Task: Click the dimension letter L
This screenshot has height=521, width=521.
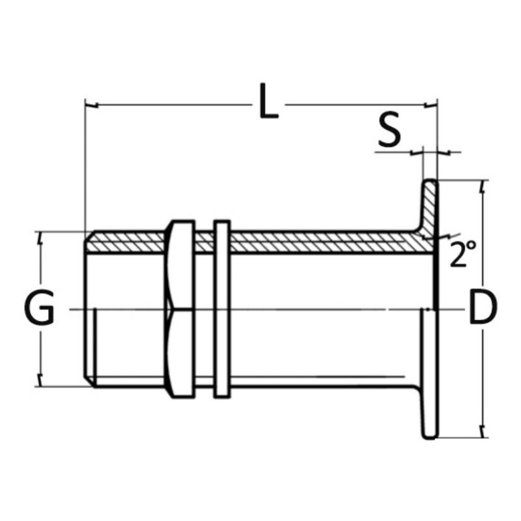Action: (x=268, y=101)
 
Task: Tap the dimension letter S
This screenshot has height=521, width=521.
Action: (x=389, y=129)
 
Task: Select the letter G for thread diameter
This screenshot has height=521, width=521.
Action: (x=39, y=307)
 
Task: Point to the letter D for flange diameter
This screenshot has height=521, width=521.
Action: (x=483, y=307)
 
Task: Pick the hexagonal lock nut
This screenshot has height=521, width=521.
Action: (x=180, y=309)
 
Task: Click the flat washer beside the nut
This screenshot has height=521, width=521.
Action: (x=221, y=309)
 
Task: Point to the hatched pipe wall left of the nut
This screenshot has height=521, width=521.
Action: (x=124, y=242)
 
